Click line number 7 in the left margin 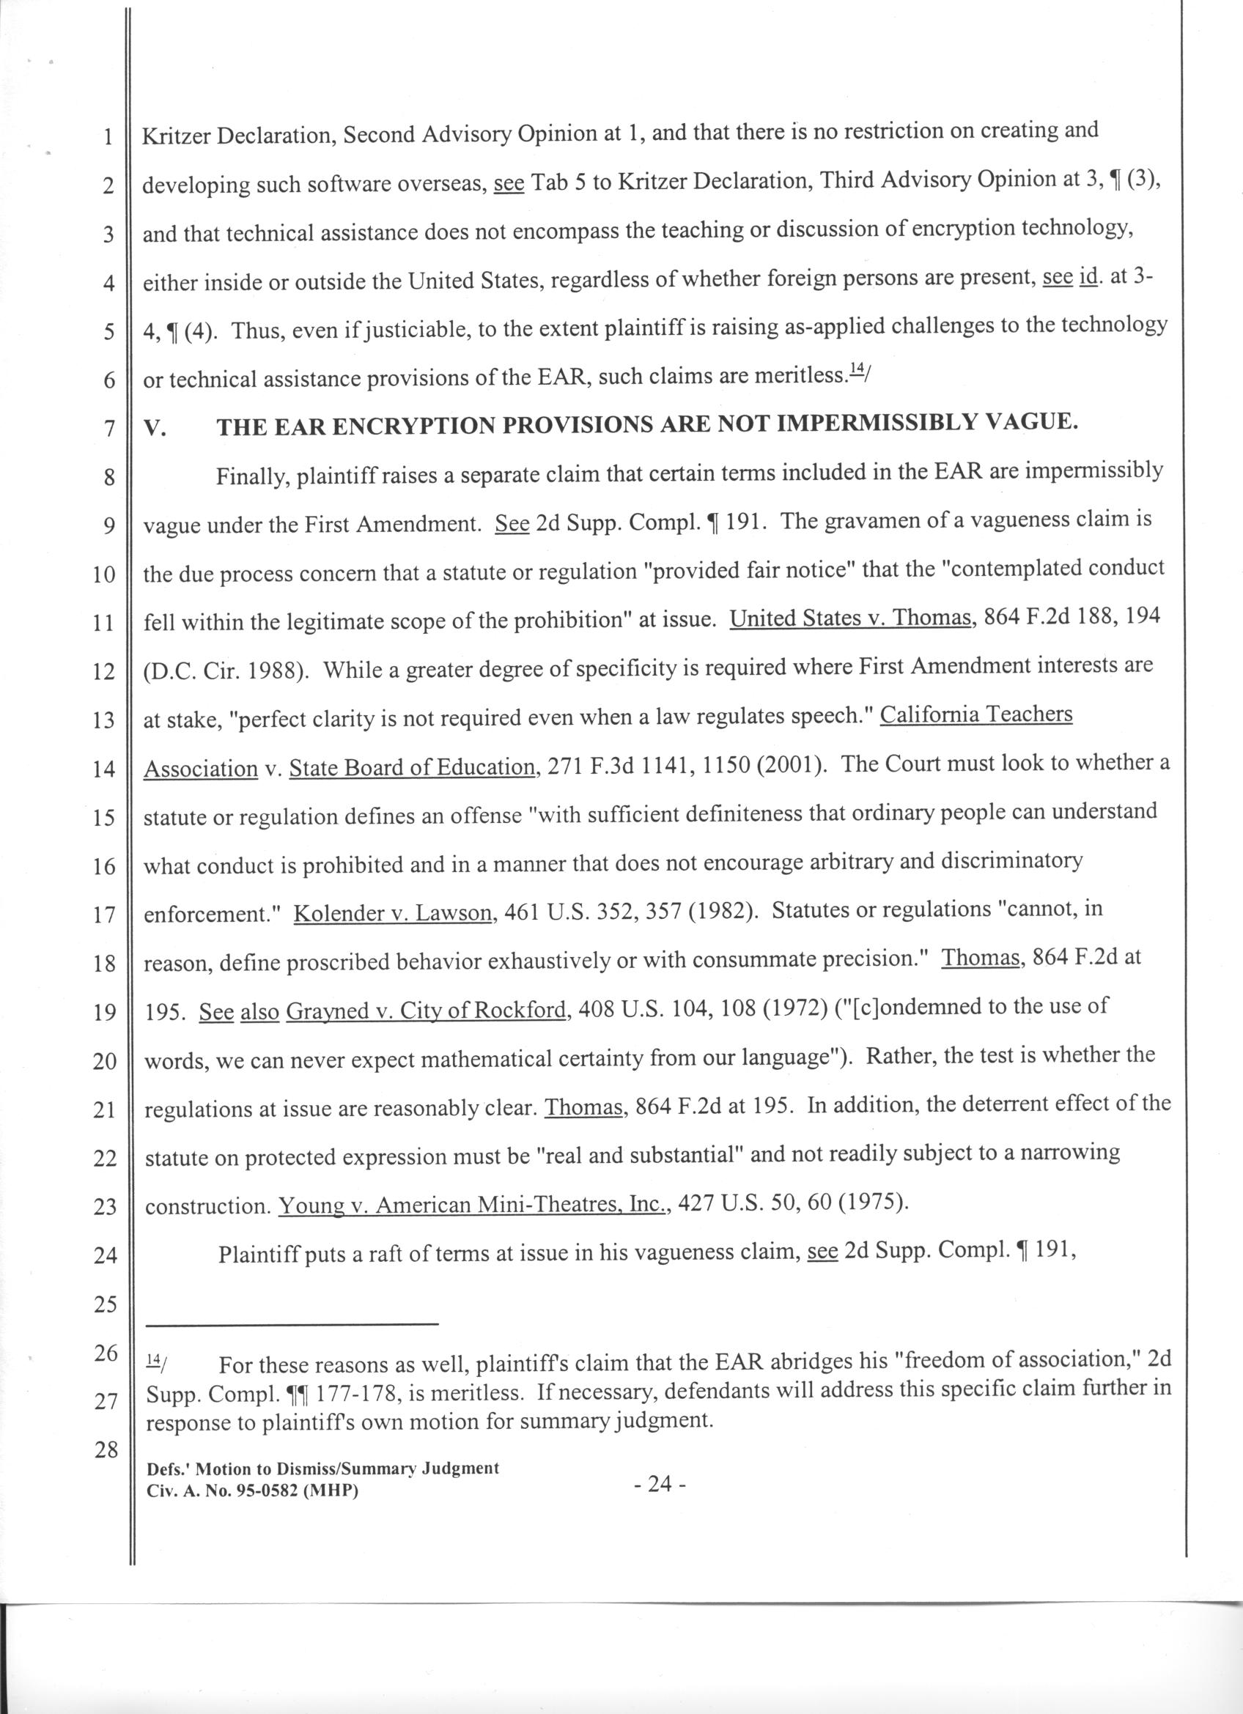[108, 429]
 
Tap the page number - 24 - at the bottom [660, 1483]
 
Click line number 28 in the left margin [104, 1449]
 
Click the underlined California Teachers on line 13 [976, 714]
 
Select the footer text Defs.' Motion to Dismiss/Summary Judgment [322, 1468]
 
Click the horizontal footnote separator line [292, 1323]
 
